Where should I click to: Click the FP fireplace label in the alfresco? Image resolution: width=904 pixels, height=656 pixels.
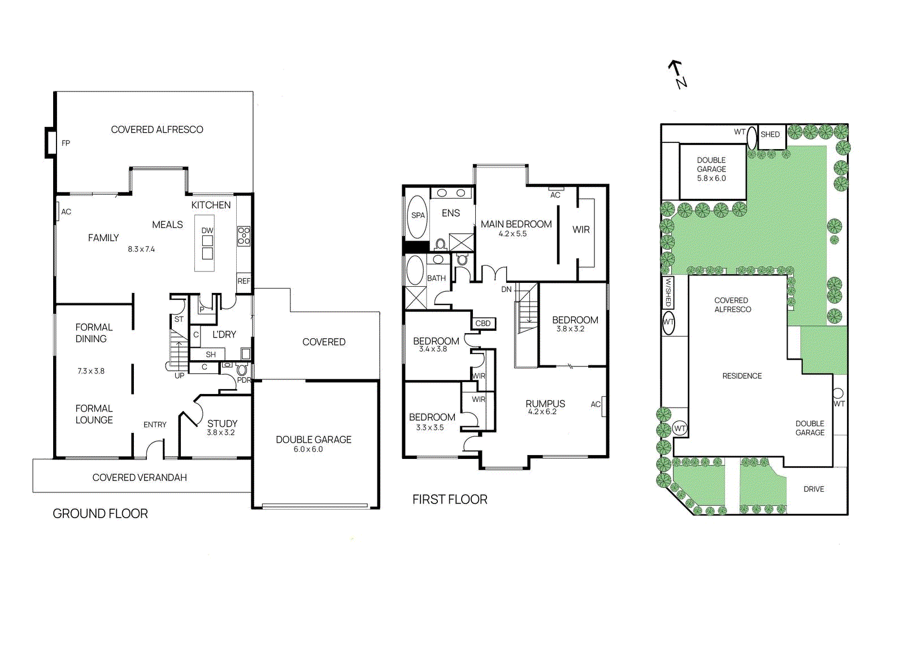66,143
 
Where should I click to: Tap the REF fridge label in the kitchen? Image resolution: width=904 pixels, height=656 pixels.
244,281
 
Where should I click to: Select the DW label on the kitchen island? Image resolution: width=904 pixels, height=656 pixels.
207,230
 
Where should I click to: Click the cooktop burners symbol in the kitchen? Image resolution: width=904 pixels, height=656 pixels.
244,235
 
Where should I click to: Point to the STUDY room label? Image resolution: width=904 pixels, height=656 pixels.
222,423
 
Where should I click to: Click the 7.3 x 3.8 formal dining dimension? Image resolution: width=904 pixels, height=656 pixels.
91,371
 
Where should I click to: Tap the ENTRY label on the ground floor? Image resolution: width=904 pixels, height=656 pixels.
155,425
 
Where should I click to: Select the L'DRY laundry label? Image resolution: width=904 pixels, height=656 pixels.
224,335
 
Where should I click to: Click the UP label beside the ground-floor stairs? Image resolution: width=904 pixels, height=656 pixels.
179,375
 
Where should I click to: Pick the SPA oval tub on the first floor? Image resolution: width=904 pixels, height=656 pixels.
418,216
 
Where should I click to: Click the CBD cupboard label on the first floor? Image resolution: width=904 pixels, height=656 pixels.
483,323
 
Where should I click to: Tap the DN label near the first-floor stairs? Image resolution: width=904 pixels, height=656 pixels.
506,290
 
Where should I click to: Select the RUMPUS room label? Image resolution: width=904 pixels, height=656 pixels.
545,404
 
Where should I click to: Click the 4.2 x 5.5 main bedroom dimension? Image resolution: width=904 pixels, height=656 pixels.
512,234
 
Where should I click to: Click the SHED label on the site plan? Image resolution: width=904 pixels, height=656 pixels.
770,134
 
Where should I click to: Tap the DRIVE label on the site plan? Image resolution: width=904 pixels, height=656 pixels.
814,489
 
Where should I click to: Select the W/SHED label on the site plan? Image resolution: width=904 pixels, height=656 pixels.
668,292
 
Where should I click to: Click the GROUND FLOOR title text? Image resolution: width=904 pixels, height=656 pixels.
100,514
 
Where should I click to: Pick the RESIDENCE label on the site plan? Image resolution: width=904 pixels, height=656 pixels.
742,376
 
